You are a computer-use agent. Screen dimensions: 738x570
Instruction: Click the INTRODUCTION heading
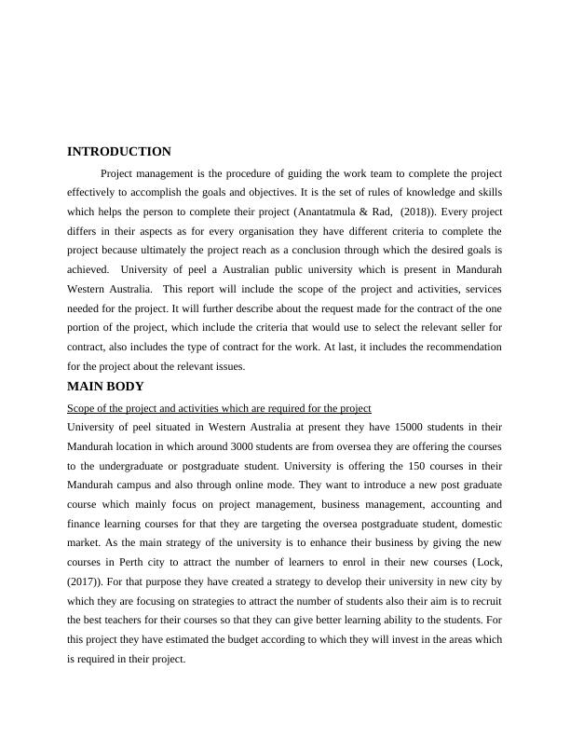click(x=119, y=152)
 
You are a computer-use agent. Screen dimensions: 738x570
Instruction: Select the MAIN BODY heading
click(x=105, y=387)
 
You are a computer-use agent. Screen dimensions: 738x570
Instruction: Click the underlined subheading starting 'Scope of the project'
click(x=219, y=408)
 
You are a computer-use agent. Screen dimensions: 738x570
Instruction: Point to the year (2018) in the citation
click(x=414, y=212)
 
